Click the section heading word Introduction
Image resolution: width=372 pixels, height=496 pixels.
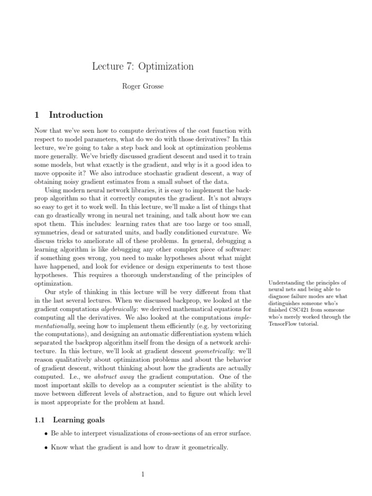76,115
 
